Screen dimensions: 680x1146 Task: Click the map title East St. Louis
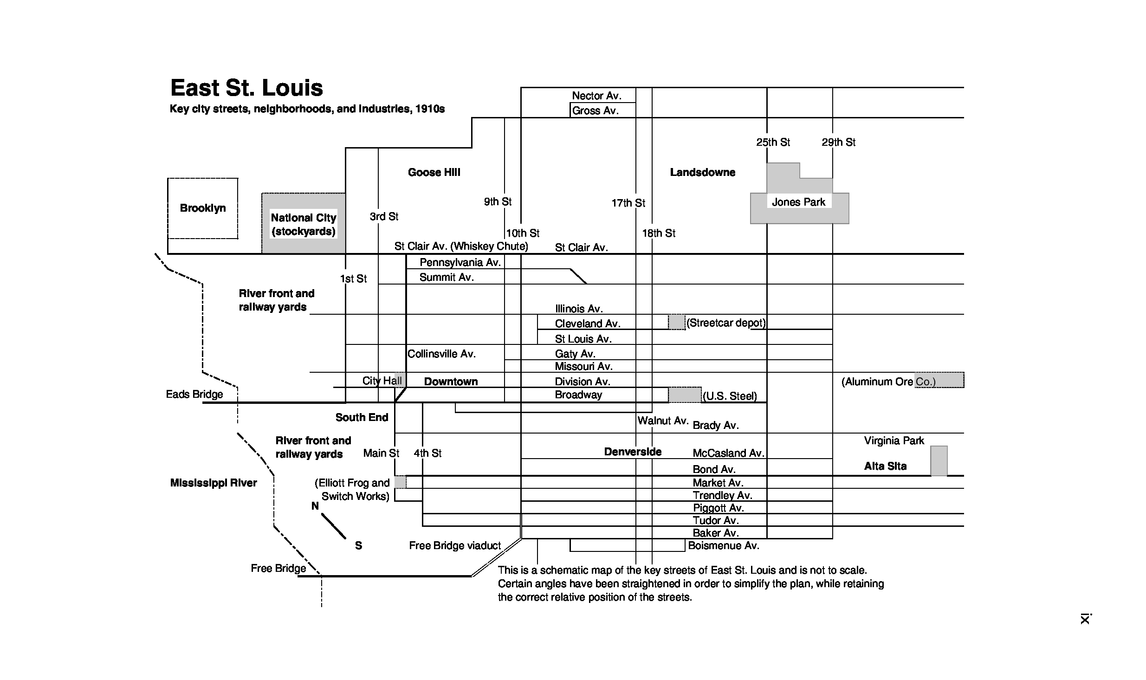tap(246, 88)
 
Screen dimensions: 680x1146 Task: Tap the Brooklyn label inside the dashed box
tap(203, 208)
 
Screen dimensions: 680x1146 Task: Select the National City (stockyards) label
tap(303, 224)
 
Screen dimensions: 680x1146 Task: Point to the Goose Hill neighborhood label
tap(434, 172)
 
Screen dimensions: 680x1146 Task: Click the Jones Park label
tap(798, 202)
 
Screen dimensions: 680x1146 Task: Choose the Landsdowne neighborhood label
tap(702, 172)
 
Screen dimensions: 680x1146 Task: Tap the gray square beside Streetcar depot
tap(677, 322)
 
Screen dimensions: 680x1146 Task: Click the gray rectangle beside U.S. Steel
tap(685, 395)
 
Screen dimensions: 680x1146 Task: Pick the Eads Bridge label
tap(194, 394)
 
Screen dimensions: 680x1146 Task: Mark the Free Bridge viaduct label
tap(455, 545)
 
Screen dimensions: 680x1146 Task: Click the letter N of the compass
tap(315, 506)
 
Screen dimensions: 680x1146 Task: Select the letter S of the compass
tap(358, 545)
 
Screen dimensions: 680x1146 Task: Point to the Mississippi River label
tap(214, 483)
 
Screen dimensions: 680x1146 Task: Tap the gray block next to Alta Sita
tap(939, 460)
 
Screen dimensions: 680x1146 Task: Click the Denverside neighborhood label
tap(633, 452)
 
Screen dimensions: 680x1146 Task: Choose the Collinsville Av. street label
tap(441, 354)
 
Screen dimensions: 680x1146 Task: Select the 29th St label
tap(838, 142)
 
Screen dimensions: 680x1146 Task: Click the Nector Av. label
tap(596, 96)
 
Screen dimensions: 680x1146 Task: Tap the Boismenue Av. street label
tap(724, 545)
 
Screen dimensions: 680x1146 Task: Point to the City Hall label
tap(382, 381)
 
